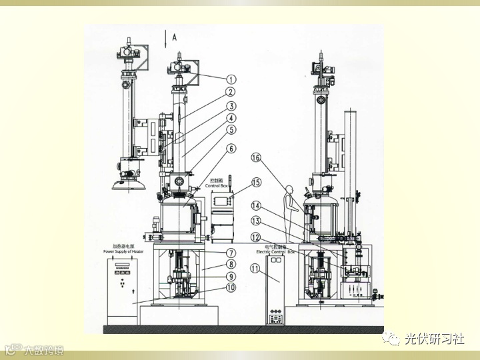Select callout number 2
(231, 92)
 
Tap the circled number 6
(231, 148)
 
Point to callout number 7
(231, 253)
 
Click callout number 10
(231, 288)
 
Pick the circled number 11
(255, 269)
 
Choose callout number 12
(255, 237)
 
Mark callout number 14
(255, 205)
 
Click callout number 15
(255, 182)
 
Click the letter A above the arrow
(175, 38)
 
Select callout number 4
(231, 117)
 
